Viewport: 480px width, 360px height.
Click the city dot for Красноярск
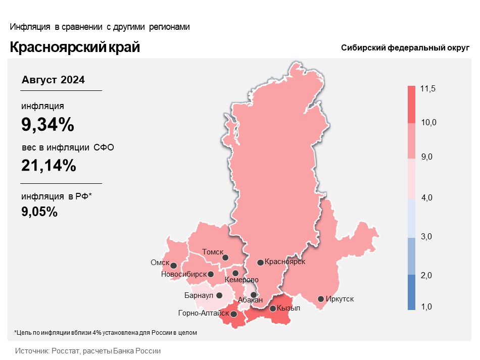pos(260,263)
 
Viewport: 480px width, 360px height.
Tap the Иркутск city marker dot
pos(321,299)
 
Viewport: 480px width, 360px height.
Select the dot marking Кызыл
pos(273,308)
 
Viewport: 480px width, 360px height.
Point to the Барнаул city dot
pos(219,295)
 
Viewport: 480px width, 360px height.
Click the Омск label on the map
pos(160,263)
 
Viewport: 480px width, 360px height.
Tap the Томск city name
pos(212,252)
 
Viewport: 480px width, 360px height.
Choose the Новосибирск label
pos(184,274)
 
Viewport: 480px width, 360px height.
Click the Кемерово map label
pos(242,280)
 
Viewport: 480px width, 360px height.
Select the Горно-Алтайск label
pos(204,313)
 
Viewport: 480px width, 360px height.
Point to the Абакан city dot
pos(254,295)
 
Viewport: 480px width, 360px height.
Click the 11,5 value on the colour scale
pos(427,89)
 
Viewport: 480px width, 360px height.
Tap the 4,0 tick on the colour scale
pos(427,197)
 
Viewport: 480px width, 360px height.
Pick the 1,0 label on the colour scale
pos(426,306)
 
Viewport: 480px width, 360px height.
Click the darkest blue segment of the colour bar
pos(411,292)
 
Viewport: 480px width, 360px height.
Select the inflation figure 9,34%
pos(48,124)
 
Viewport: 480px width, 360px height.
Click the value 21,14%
pos(49,166)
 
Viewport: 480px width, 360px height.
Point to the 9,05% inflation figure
pos(39,212)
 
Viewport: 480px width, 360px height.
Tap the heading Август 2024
pos(53,80)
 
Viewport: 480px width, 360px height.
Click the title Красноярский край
pos(75,47)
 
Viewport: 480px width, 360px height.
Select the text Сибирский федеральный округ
pos(405,48)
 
